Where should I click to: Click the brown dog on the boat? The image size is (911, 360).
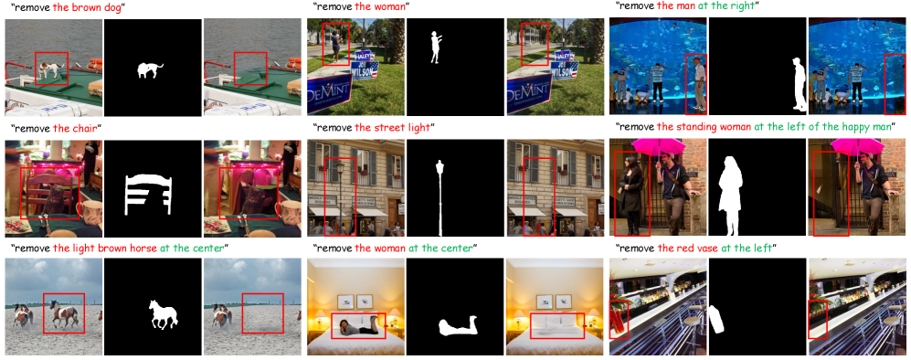(x=50, y=69)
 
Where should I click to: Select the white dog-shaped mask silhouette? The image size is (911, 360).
(x=150, y=70)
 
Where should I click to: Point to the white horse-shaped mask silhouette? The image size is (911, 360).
(x=163, y=314)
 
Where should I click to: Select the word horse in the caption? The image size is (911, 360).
(x=143, y=248)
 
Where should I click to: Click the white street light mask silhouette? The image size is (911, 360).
(x=440, y=197)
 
